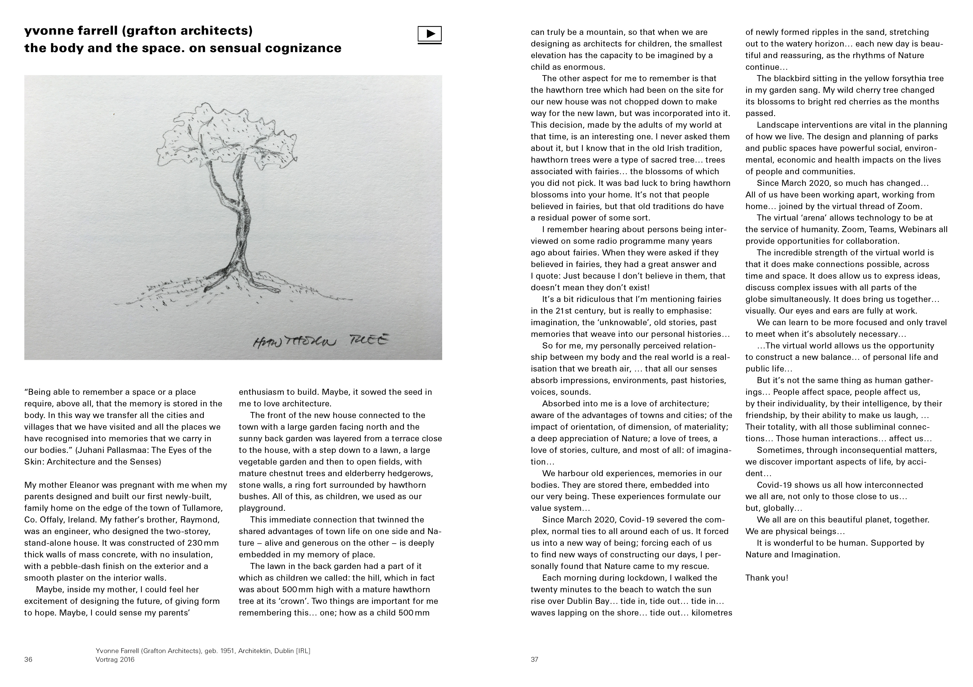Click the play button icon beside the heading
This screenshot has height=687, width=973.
pos(429,34)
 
